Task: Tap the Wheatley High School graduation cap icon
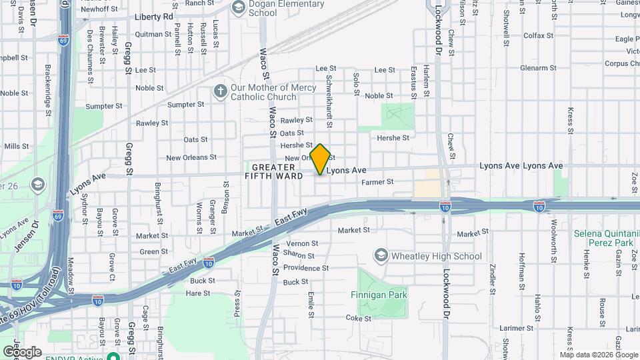pos(381,255)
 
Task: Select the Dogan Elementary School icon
pos(238,7)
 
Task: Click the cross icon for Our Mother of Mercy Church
pos(221,91)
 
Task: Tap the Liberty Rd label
pos(153,16)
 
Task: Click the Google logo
pos(22,351)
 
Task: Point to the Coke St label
pos(358,319)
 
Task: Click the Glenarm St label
pos(538,68)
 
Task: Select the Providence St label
pos(307,268)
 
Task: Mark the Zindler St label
pos(492,278)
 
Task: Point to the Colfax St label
pos(539,35)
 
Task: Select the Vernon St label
pos(301,244)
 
